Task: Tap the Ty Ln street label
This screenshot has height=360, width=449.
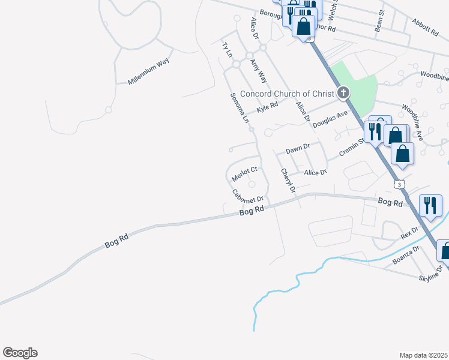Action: (x=226, y=49)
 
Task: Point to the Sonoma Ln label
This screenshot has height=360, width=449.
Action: (x=238, y=108)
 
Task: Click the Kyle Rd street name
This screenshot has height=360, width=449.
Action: (x=267, y=107)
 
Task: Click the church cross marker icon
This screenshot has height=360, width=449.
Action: (x=343, y=92)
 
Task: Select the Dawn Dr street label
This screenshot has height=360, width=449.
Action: (x=297, y=148)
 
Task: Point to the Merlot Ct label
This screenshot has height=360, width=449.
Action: (x=244, y=175)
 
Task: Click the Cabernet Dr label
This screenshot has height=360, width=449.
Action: (x=248, y=196)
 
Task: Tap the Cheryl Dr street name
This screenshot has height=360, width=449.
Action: (x=289, y=181)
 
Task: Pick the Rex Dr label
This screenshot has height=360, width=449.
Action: (x=409, y=232)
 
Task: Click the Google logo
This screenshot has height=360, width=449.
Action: (x=20, y=353)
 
